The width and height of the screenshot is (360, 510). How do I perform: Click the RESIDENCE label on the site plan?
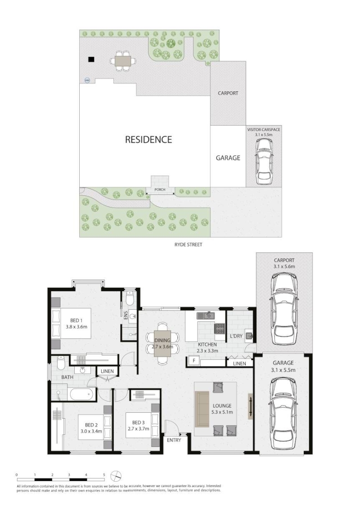148,140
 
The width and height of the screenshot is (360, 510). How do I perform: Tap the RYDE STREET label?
188,244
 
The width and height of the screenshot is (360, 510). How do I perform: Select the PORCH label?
160,190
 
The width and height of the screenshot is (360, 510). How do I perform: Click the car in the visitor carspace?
264,161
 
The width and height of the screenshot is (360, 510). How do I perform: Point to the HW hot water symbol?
87,80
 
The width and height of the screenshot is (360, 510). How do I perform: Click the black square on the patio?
91,59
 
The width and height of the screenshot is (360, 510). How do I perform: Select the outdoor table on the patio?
122,60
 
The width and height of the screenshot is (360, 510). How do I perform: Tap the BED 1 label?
74,320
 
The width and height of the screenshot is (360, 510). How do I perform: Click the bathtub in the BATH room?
82,394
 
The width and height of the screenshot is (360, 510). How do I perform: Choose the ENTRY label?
174,440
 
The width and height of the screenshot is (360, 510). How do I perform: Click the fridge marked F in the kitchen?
194,361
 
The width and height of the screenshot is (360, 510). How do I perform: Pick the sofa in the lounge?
202,409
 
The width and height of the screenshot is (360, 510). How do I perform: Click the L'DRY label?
236,336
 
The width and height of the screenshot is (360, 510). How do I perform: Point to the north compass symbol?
116,476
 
